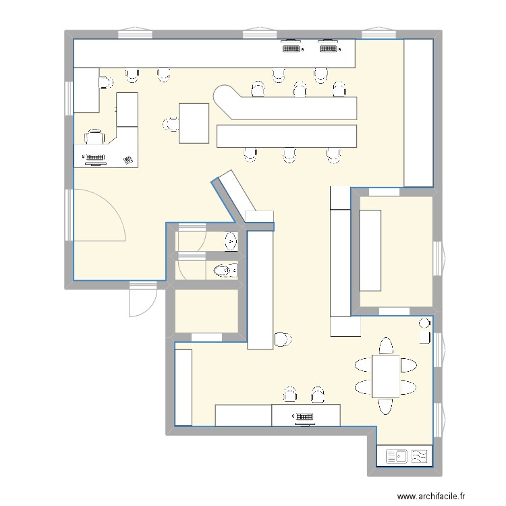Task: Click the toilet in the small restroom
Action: pos(225,271)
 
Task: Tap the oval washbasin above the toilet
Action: pos(231,240)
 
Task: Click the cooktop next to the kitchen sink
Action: pos(420,457)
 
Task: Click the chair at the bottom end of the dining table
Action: pos(387,405)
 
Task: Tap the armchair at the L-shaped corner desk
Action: pos(94,137)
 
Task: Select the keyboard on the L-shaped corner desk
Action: pos(94,159)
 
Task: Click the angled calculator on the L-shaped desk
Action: pos(128,160)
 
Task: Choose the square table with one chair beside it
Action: pos(194,123)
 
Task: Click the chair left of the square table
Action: pos(171,123)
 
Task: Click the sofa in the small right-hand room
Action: pos(370,250)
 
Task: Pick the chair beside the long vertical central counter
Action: pos(282,339)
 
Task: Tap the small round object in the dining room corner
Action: pos(424,322)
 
